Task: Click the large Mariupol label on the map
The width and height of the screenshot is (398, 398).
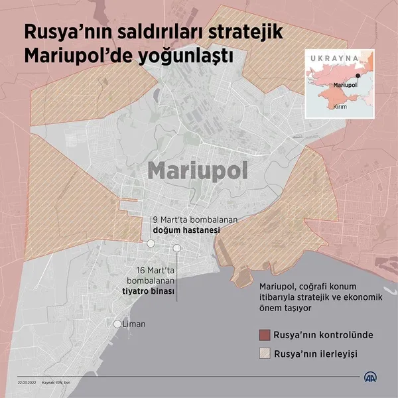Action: (198, 170)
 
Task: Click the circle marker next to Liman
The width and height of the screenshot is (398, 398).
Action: (117, 324)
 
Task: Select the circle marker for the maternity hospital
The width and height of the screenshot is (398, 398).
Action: (151, 243)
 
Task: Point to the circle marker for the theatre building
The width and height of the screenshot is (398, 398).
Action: (177, 248)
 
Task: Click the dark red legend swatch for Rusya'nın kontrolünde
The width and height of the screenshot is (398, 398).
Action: (265, 334)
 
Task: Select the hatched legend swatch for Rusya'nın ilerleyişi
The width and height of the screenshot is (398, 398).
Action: (265, 354)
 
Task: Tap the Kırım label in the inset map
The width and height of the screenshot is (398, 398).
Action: (340, 105)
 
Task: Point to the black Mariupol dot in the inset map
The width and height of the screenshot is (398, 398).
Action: (358, 84)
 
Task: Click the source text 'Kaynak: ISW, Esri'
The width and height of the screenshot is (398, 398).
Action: (58, 383)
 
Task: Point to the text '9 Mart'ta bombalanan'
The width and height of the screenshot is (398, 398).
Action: (186, 219)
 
